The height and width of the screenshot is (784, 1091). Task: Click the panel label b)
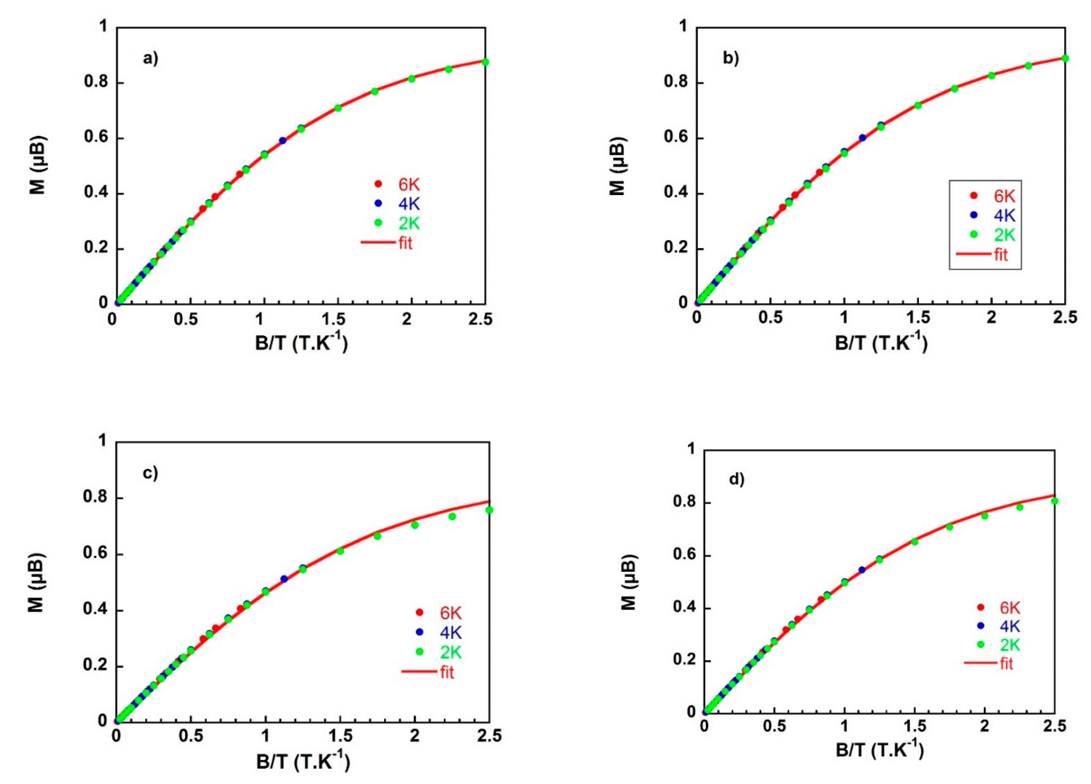click(731, 58)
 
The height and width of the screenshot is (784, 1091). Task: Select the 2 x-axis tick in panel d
click(985, 739)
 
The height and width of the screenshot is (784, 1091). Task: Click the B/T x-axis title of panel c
click(303, 761)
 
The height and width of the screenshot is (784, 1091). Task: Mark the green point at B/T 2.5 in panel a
click(485, 62)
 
